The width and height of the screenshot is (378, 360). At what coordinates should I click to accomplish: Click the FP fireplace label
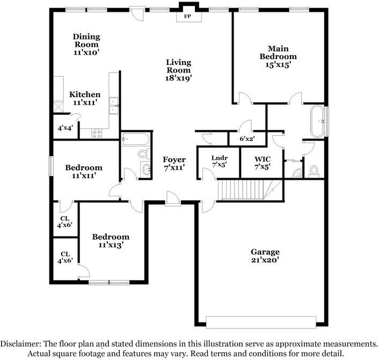(187, 17)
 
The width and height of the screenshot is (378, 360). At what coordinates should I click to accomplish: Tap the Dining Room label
(86, 40)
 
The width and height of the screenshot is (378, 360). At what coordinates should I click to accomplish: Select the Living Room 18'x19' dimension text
(178, 78)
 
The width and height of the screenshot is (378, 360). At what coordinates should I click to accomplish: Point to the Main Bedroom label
(278, 53)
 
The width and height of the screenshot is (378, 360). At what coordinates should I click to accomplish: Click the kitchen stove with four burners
(97, 134)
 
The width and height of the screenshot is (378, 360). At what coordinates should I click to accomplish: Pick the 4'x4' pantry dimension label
(65, 128)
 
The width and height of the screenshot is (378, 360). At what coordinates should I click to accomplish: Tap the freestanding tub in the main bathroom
(318, 121)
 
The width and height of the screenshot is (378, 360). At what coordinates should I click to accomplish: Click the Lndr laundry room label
(220, 158)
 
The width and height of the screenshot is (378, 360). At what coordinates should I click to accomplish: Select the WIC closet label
(262, 159)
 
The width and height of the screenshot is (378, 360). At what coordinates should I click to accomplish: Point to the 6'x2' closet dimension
(247, 138)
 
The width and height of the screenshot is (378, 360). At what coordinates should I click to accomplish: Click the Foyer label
(174, 159)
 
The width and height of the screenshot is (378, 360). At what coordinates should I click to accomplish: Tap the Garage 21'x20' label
(265, 256)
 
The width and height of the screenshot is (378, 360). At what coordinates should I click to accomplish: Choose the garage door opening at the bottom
(261, 322)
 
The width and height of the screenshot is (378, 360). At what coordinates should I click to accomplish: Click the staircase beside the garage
(250, 190)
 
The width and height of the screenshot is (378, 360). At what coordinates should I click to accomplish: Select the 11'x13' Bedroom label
(111, 241)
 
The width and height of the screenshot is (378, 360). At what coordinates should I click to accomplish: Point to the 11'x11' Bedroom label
(84, 171)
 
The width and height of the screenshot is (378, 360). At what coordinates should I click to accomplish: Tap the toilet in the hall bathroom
(144, 153)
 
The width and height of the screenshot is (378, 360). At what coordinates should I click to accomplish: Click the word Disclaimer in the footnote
(19, 343)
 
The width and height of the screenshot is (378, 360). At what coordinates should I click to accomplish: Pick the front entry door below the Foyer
(173, 199)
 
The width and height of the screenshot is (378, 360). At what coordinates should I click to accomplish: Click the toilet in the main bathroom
(314, 171)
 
